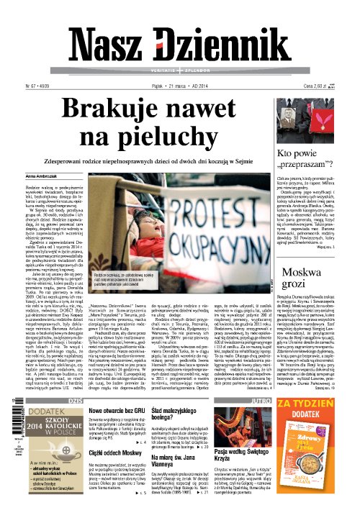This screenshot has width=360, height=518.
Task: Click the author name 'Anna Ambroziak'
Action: coord(41,176)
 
